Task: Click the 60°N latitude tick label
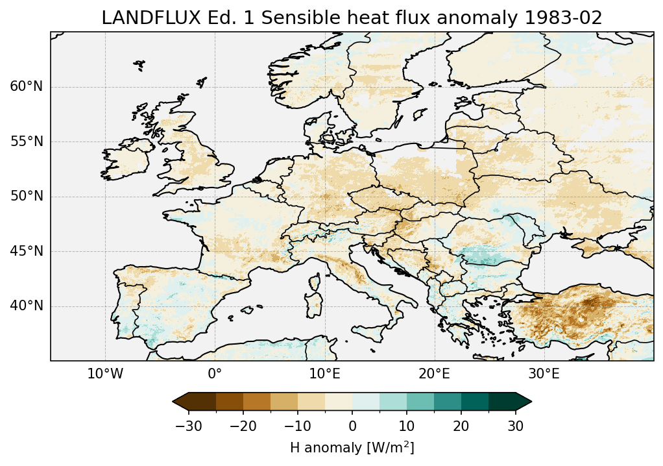pos(27,87)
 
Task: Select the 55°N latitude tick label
pos(27,141)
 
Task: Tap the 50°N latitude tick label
pos(27,196)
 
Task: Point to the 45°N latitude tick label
pos(27,251)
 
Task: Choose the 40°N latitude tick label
pos(27,306)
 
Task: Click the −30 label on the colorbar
pos(188,426)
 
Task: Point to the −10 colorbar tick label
pos(297,426)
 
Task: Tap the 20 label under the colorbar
pos(461,426)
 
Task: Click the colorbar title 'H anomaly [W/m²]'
pos(352,447)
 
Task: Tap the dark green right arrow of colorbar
pos(524,402)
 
